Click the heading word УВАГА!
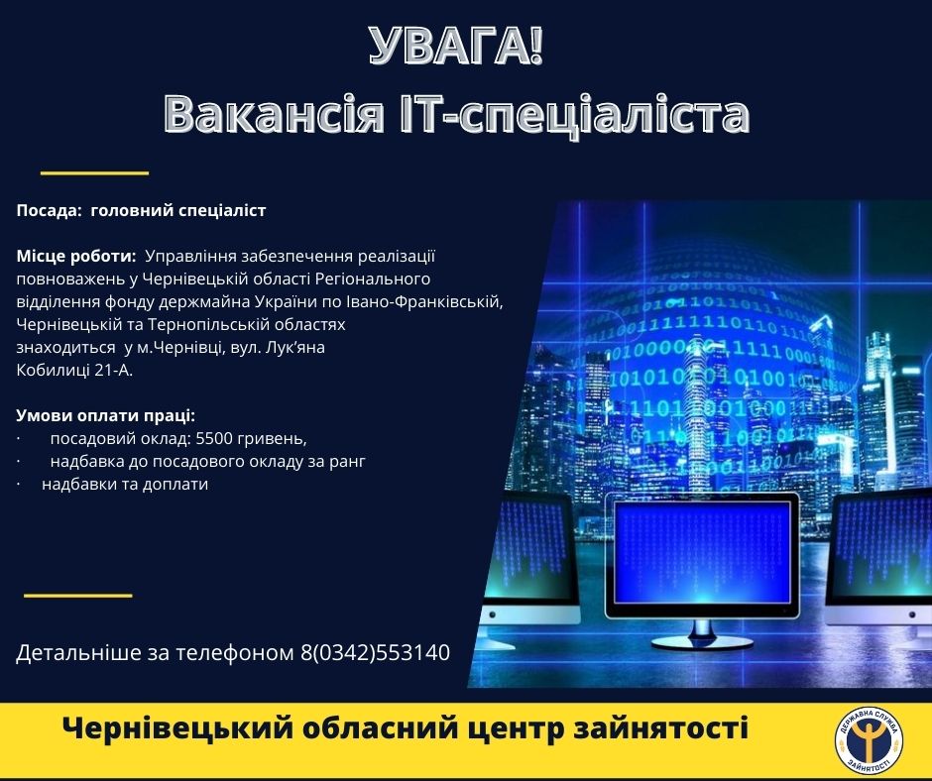(456, 46)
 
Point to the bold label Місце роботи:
(76, 256)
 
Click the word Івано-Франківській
(424, 302)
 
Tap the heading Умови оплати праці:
(106, 415)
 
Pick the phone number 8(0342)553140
(375, 652)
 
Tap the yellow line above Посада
(94, 173)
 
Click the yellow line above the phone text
(78, 595)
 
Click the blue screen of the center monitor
(702, 552)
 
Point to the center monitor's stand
(702, 633)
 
